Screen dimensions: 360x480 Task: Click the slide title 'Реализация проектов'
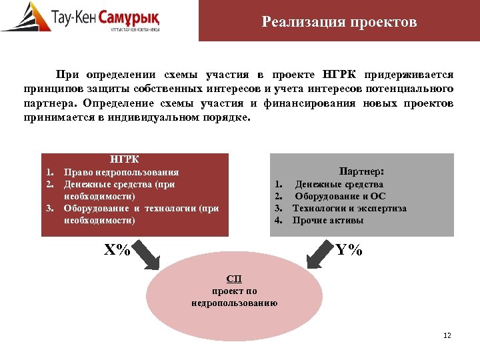click(x=339, y=23)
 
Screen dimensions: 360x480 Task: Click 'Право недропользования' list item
click(x=121, y=172)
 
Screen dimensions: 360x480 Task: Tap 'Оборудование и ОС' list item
click(x=340, y=196)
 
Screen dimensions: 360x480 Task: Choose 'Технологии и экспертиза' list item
click(x=350, y=208)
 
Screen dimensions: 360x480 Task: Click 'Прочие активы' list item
click(x=328, y=220)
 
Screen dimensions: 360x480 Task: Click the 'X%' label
click(x=117, y=249)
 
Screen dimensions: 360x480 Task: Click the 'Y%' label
click(x=349, y=249)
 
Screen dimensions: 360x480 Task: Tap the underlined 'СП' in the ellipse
click(x=234, y=279)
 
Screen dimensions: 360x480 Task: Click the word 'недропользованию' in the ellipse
click(x=234, y=303)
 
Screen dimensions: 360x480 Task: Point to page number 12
click(x=447, y=335)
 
